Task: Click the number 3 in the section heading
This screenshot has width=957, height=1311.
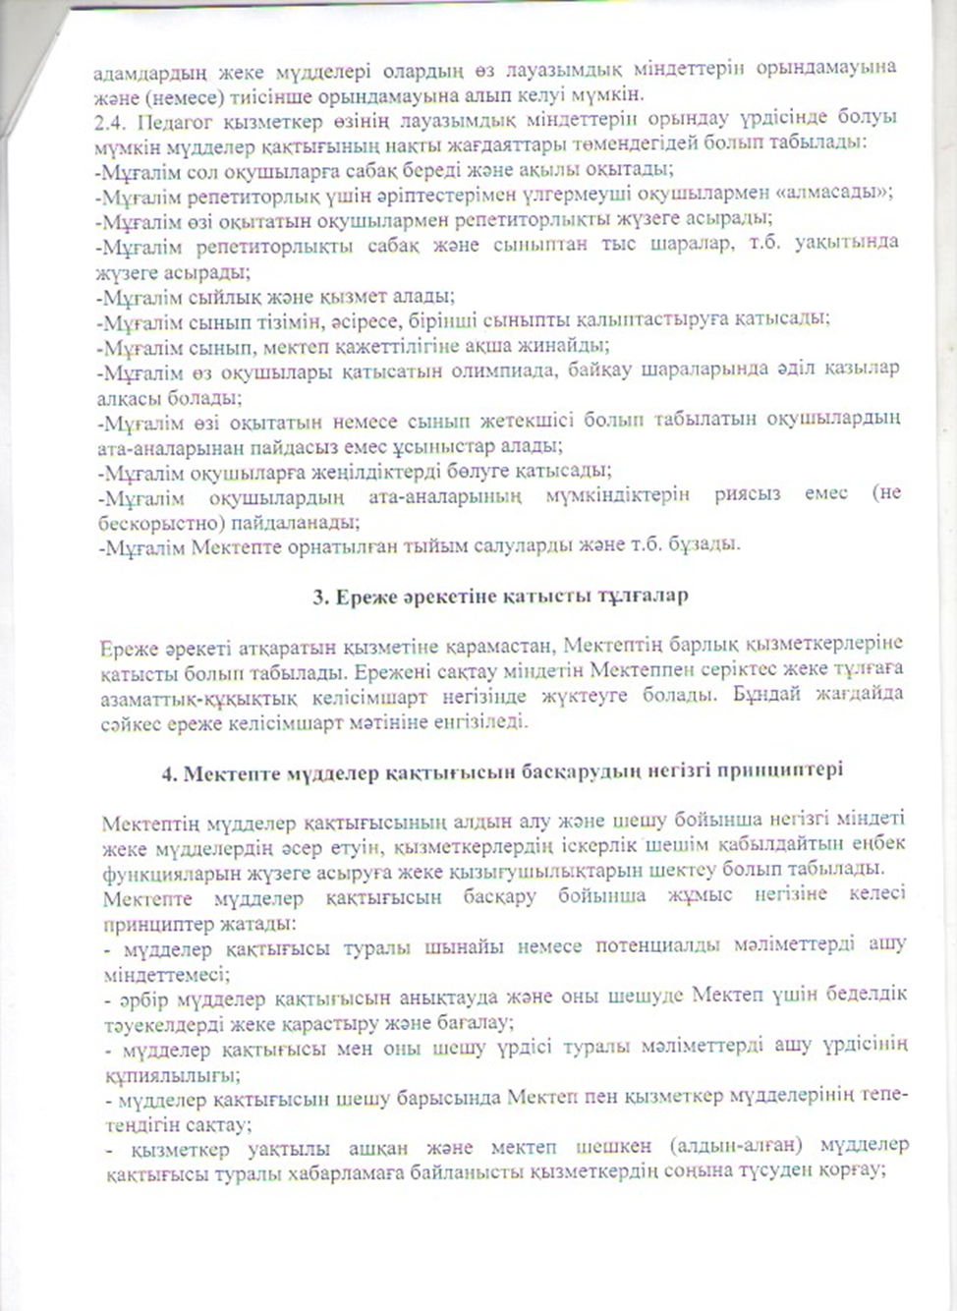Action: pyautogui.click(x=319, y=596)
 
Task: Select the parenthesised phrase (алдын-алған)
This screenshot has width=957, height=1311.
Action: pyautogui.click(x=725, y=1146)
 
